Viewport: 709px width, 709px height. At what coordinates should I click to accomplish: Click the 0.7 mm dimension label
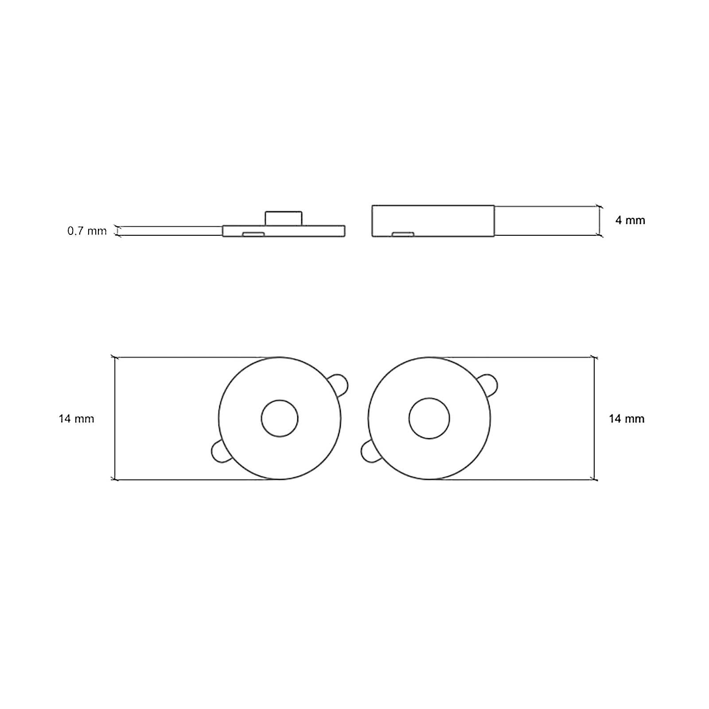point(87,231)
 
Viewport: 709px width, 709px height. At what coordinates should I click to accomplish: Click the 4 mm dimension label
point(630,220)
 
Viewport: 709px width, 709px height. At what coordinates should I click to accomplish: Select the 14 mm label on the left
point(76,419)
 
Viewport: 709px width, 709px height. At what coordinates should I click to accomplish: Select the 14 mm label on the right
point(627,419)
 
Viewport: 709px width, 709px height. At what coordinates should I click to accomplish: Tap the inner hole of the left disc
point(280,418)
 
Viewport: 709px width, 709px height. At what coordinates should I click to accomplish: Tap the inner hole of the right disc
point(429,418)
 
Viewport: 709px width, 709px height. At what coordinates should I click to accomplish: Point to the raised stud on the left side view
point(284,218)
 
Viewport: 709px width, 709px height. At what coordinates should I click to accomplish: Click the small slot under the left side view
point(253,234)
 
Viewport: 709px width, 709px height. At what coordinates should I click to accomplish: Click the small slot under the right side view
point(403,234)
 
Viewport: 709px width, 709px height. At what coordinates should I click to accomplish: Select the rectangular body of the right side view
point(433,220)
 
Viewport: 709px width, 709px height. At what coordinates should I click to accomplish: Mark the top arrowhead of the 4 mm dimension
point(599,206)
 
